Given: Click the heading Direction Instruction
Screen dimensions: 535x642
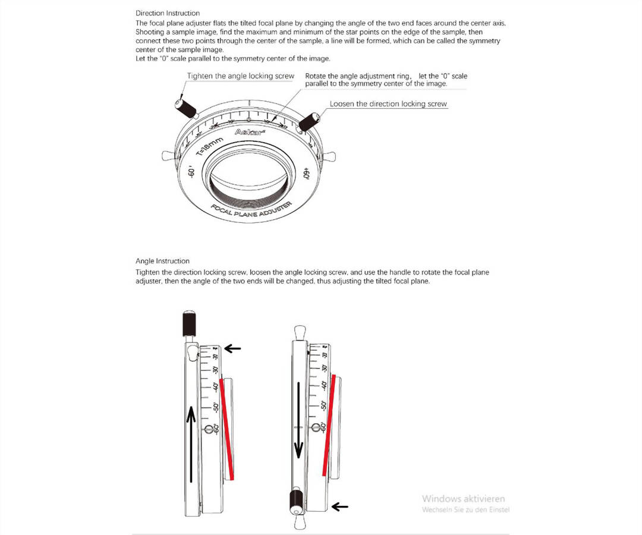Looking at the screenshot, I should click(x=168, y=13).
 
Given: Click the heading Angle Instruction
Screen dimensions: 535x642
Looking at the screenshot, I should click(x=162, y=261).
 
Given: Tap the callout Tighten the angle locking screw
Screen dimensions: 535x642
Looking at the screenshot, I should click(x=240, y=76).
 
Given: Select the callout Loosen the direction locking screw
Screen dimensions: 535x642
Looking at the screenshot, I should click(x=388, y=104).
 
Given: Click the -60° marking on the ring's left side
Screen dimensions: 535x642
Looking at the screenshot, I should click(x=191, y=173).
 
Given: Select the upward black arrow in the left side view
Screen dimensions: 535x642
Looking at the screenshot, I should click(x=190, y=442).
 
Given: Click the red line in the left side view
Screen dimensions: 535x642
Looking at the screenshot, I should click(x=228, y=428).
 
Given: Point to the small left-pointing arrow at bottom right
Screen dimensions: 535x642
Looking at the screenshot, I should click(x=339, y=506).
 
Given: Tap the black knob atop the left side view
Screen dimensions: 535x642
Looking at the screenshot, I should click(x=190, y=323).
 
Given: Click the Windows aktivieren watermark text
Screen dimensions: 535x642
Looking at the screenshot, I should click(x=463, y=498).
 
